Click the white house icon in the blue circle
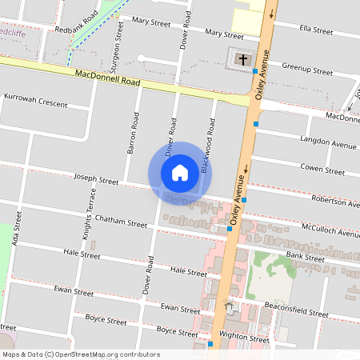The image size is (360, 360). (x=180, y=173)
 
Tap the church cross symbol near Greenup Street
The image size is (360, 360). (x=242, y=58)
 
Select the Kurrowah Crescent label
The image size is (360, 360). (x=36, y=103)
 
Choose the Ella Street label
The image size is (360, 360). (x=315, y=30)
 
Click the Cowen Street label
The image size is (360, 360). (x=322, y=170)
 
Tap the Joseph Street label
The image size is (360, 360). (x=95, y=180)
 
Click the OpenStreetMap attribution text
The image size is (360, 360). (x=82, y=354)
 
